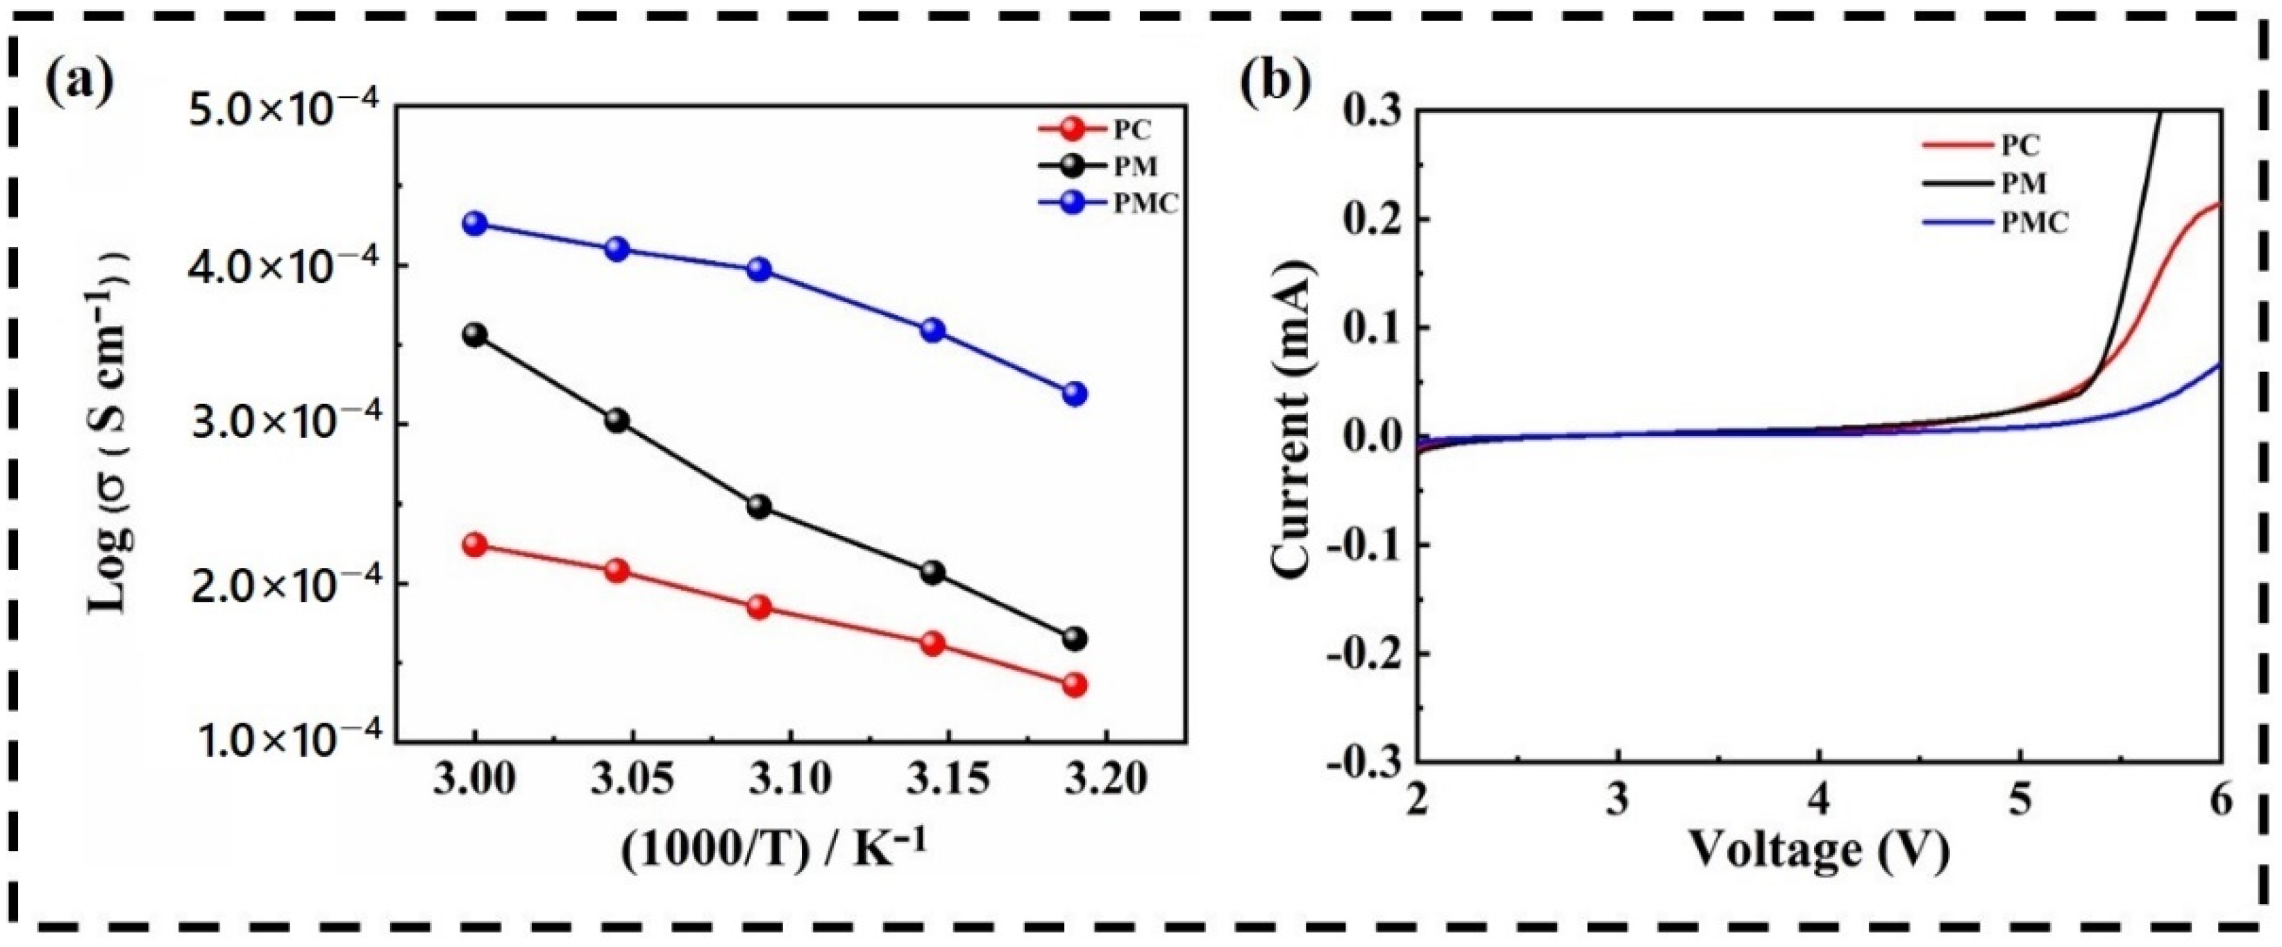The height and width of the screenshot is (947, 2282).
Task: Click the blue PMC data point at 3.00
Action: tap(475, 224)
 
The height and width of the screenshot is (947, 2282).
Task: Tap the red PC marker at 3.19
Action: tap(1075, 685)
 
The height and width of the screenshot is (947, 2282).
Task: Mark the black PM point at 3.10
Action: tap(760, 507)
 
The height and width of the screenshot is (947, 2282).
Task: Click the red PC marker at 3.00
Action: tap(475, 545)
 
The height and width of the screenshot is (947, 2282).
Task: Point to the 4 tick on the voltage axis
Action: tap(1819, 802)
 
